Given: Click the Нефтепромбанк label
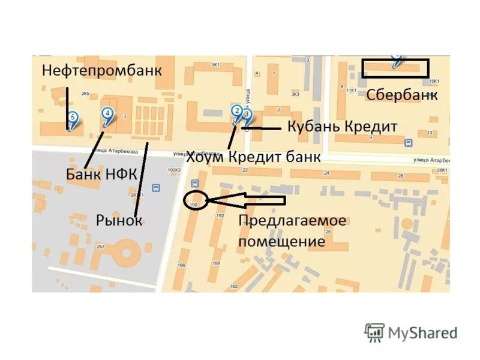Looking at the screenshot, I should [102, 70].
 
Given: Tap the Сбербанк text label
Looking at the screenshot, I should [401, 95].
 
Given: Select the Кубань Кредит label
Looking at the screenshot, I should [343, 127].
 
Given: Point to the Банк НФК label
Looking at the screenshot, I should [101, 175].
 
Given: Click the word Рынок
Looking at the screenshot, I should [119, 220].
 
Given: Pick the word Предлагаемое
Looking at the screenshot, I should [292, 221].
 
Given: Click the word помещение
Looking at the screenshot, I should [281, 242].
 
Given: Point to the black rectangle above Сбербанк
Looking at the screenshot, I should [395, 68].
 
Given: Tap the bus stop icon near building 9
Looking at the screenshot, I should [409, 143].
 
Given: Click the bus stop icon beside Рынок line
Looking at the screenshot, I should [156, 187].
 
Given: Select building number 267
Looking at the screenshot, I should [100, 247].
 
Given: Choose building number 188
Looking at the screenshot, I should [216, 263].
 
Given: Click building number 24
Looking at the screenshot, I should [326, 173].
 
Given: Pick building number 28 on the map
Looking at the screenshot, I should [400, 176].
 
